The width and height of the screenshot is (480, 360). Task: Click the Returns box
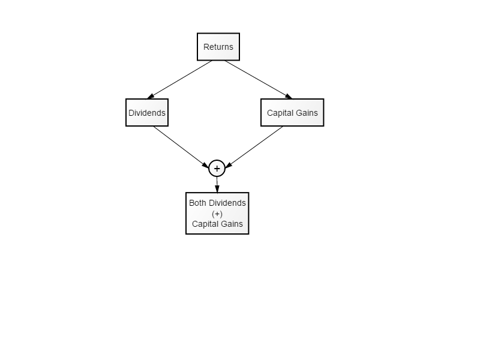click(218, 47)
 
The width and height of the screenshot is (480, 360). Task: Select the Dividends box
click(147, 113)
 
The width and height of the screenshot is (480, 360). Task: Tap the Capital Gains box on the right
click(292, 113)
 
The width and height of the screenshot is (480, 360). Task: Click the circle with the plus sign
click(217, 169)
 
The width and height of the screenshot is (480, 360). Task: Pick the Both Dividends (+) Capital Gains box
click(217, 214)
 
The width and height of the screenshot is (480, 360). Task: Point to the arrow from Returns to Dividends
click(179, 80)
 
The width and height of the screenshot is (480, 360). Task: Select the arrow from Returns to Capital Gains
click(259, 80)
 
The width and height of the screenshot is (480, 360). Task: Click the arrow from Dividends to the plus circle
click(181, 147)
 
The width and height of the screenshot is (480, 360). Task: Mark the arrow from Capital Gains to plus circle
click(254, 147)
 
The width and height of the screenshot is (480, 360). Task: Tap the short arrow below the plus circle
click(217, 185)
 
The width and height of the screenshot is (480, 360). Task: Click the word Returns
click(218, 47)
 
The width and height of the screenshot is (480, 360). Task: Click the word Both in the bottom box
click(197, 203)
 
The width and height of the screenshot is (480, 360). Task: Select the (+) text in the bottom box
click(217, 214)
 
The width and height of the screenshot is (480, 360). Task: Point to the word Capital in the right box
click(279, 113)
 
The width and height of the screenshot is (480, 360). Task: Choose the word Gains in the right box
click(307, 113)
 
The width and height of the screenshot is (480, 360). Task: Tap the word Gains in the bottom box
click(232, 224)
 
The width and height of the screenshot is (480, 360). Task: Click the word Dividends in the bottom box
click(227, 203)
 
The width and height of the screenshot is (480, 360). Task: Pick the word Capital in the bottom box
click(205, 224)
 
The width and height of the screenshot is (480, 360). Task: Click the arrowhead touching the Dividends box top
click(151, 97)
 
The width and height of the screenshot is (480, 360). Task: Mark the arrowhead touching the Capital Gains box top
click(289, 97)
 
